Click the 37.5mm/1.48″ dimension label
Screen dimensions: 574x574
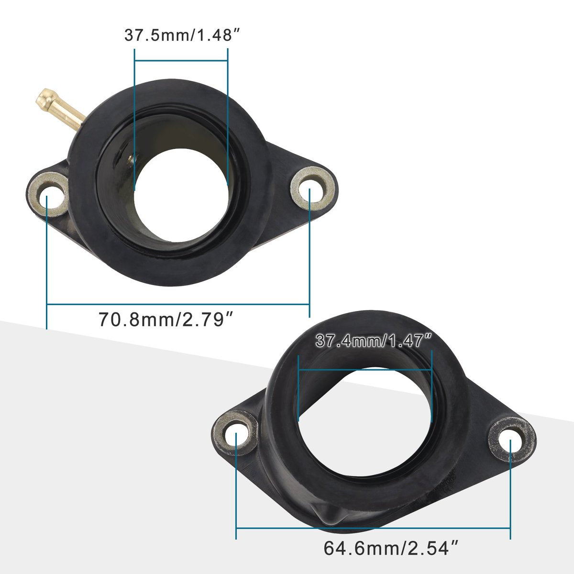pos(182,35)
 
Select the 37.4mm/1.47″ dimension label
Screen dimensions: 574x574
pos(374,341)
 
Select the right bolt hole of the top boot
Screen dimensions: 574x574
pos(312,188)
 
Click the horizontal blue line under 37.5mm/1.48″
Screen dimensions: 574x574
pos(181,61)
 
